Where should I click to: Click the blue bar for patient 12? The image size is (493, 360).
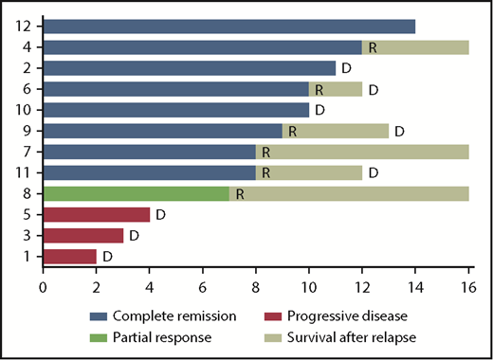[x=228, y=26]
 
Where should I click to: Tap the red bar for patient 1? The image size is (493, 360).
[x=69, y=256]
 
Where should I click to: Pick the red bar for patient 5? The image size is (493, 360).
[x=96, y=214]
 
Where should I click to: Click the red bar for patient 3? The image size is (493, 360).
[x=82, y=235]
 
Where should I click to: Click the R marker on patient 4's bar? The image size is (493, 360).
[x=373, y=46]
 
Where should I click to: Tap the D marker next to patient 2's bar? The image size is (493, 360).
[x=346, y=68]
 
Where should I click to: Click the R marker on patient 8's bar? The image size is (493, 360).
[x=240, y=193]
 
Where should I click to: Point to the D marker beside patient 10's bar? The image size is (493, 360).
[x=320, y=110]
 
